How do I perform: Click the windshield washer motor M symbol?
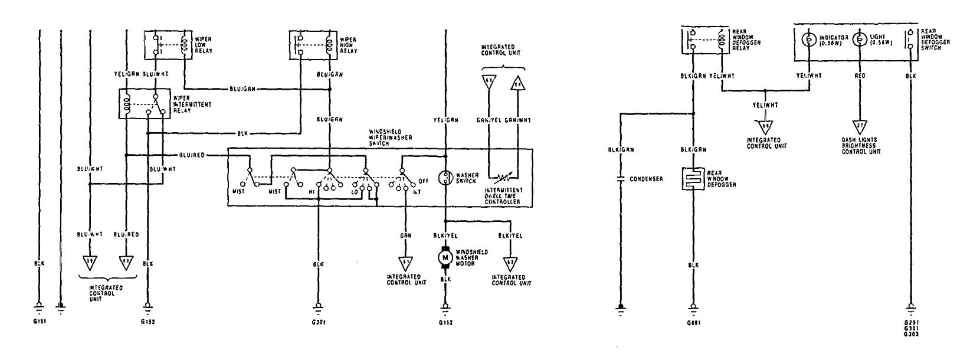pyautogui.click(x=444, y=257)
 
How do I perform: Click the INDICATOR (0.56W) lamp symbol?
pyautogui.click(x=809, y=40)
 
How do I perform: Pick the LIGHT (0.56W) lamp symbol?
pyautogui.click(x=860, y=40)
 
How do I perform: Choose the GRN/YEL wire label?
pyautogui.click(x=488, y=120)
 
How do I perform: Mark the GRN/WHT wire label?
pyautogui.click(x=518, y=120)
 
